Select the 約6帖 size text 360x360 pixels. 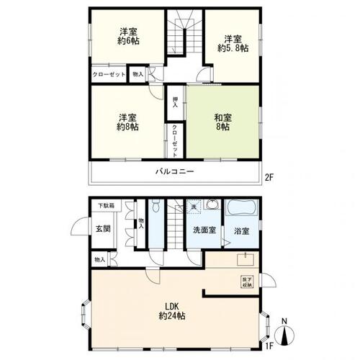click(129, 42)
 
